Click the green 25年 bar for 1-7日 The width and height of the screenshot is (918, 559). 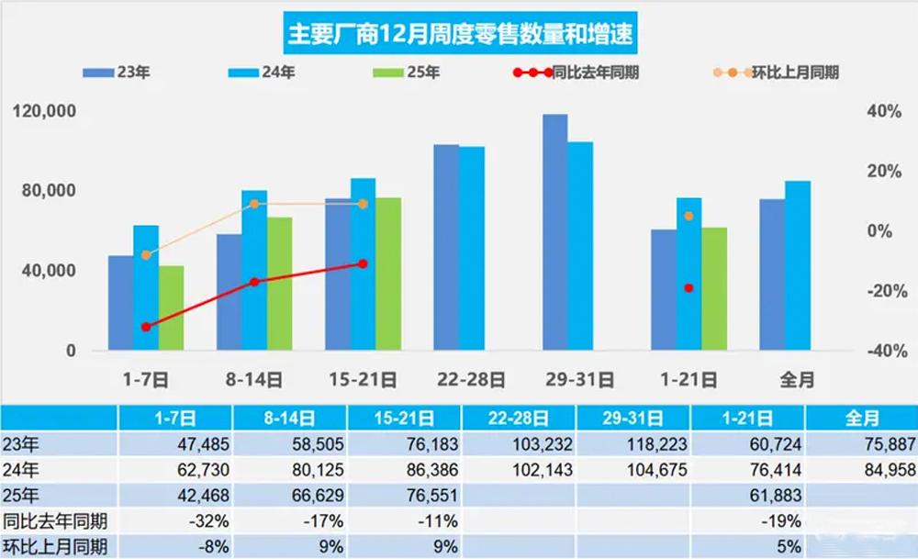tap(172, 308)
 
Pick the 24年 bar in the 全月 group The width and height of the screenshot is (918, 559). tap(798, 266)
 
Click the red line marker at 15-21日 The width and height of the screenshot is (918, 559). tap(363, 263)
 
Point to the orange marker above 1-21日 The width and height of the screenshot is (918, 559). tap(689, 216)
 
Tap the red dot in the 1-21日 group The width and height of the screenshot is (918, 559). tap(689, 288)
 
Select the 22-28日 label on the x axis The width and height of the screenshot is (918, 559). tap(471, 378)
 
